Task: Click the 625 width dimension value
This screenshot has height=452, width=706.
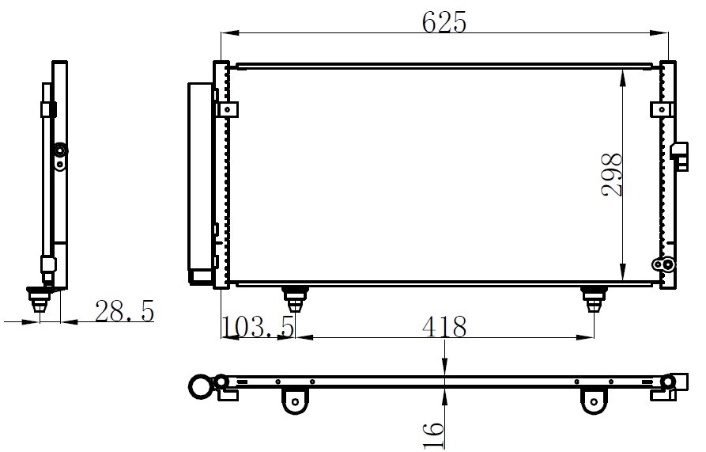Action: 444,22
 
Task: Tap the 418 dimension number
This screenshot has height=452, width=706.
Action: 444,327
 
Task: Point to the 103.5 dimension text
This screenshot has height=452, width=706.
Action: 259,327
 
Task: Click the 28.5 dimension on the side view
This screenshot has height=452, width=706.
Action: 125,311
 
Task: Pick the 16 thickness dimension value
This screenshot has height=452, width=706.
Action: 433,435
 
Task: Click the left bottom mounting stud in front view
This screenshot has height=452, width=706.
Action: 295,299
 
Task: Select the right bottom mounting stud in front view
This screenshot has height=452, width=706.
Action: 594,299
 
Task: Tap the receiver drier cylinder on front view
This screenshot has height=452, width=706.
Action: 200,184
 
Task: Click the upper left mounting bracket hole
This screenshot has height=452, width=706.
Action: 228,109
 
